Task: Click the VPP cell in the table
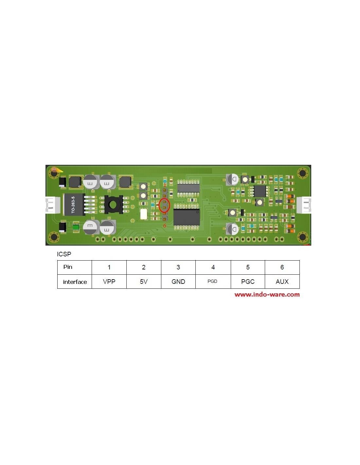[109, 282]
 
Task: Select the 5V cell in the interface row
[144, 282]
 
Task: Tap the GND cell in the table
[178, 282]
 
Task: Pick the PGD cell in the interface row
[213, 282]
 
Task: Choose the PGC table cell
[248, 282]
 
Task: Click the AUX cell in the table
[282, 282]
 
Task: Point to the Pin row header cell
[75, 267]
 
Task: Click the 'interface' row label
[75, 282]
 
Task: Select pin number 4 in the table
[213, 267]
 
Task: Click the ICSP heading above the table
[64, 254]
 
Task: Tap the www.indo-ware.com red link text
[267, 294]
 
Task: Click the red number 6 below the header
[165, 226]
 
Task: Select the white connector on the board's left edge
[53, 205]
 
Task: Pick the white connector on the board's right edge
[304, 205]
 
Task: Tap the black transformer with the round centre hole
[113, 205]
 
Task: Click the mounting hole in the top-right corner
[302, 173]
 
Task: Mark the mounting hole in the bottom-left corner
[54, 237]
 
